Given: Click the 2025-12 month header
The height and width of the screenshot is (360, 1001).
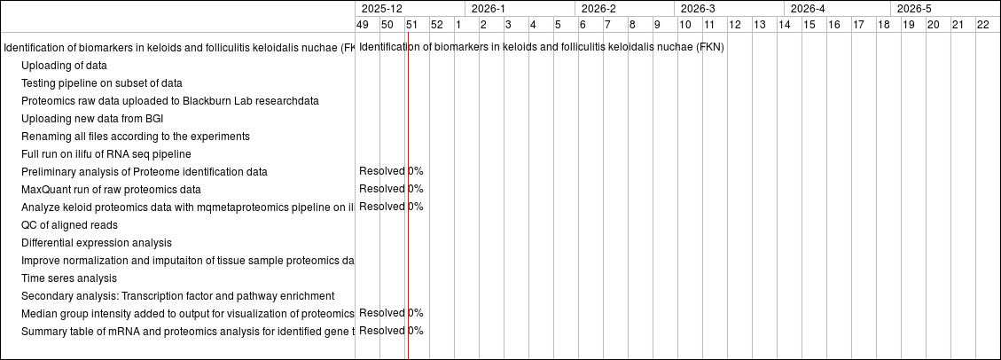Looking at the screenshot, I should tap(382, 8).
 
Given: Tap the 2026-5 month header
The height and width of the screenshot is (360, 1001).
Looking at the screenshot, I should tap(914, 8).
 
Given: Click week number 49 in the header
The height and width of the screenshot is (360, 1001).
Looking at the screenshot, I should tap(363, 25).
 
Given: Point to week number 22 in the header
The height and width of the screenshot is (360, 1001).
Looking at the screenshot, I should tap(982, 25).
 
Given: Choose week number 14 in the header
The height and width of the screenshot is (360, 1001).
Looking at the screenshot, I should tap(785, 25).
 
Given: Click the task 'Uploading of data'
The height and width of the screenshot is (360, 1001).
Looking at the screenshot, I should tap(64, 66).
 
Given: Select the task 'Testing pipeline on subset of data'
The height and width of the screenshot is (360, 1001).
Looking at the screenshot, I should tap(102, 83).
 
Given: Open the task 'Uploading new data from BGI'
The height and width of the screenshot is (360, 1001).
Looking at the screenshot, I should tap(92, 119).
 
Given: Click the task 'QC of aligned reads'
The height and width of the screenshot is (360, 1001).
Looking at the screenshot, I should tap(69, 225).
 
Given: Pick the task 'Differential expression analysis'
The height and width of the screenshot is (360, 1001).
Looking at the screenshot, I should tap(97, 243).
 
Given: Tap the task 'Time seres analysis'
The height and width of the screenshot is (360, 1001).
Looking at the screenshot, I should tap(69, 278).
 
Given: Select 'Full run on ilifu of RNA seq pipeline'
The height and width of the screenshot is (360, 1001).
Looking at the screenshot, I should tap(106, 154).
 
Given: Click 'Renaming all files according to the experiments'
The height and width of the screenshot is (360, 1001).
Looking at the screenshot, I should tap(136, 137).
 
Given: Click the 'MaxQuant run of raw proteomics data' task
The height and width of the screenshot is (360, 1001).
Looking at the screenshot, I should tap(111, 190).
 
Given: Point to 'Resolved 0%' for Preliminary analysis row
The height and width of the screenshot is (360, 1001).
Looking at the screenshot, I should tap(391, 171).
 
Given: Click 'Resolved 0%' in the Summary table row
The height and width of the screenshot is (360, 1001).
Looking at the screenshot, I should tap(391, 331).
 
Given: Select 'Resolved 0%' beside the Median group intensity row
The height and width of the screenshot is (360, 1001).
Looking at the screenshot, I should tap(391, 313).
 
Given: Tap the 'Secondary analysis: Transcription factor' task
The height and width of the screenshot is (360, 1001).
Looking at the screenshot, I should tap(177, 296).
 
